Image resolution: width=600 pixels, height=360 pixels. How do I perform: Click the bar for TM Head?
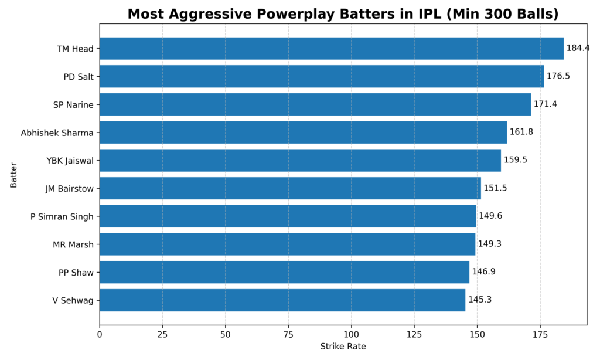click(x=331, y=49)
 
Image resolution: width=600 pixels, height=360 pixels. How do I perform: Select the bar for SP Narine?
click(x=315, y=104)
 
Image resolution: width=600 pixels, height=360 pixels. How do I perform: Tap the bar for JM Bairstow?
click(x=290, y=188)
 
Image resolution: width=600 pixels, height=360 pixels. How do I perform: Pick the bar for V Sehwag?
click(x=282, y=300)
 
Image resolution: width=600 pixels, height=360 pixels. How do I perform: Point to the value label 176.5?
click(x=558, y=76)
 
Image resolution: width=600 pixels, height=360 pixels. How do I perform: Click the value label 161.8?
click(x=521, y=132)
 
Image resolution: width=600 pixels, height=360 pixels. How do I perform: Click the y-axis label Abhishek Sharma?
click(x=57, y=133)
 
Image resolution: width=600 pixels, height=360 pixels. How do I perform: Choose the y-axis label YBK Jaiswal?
click(x=70, y=161)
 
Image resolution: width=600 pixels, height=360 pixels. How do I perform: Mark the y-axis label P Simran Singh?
click(x=62, y=216)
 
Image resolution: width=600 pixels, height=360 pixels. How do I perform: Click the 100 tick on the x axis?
click(x=352, y=334)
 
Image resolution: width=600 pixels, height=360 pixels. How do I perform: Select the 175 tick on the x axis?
click(x=540, y=334)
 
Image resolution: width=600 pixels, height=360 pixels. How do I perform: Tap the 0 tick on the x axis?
click(x=100, y=334)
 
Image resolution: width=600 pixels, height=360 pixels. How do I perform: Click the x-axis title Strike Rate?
click(x=343, y=347)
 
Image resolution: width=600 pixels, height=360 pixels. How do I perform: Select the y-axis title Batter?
click(x=13, y=175)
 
